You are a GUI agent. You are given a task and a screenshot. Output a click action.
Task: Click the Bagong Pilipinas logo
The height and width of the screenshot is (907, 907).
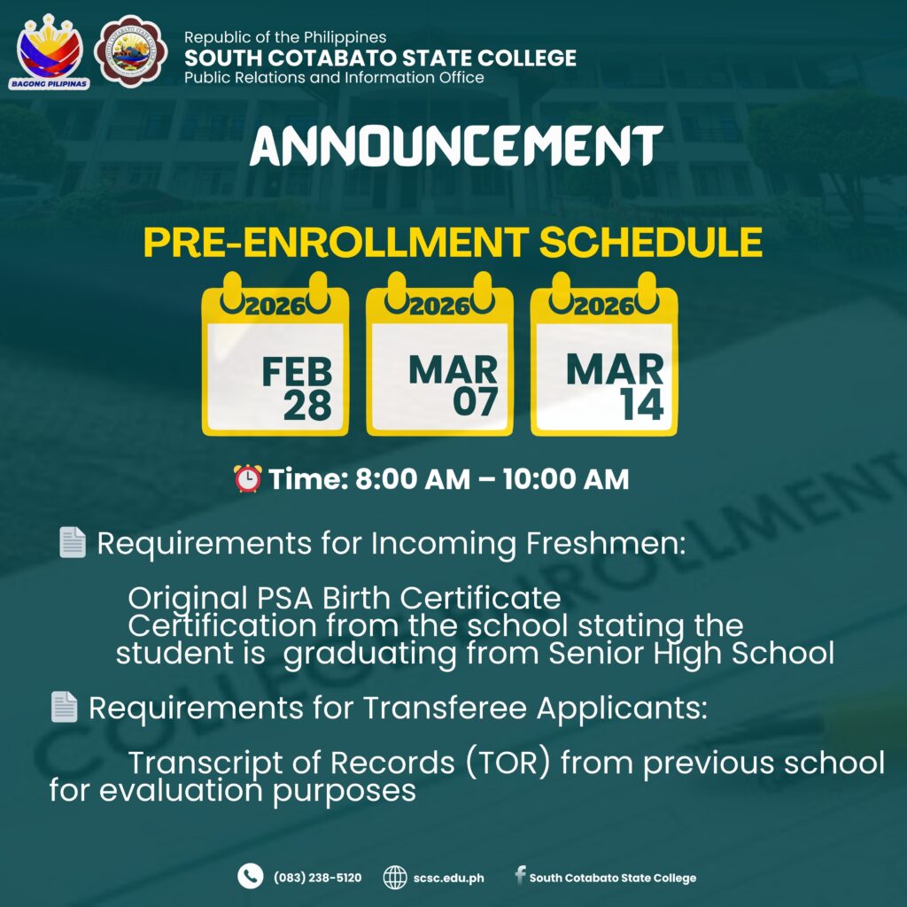tap(50, 52)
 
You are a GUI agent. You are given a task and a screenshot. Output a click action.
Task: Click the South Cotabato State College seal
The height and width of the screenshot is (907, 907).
tap(131, 51)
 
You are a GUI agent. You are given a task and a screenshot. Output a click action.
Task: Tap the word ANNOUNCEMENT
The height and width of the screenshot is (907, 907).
tap(456, 145)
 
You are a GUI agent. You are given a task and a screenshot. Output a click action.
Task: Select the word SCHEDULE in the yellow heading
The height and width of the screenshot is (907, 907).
tap(651, 242)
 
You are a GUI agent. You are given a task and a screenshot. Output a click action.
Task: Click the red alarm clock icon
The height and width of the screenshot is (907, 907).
tap(248, 478)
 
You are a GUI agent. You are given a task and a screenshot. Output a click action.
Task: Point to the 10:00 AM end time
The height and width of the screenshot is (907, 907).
tap(566, 479)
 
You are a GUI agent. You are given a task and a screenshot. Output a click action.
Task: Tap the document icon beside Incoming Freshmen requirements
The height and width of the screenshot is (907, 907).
tap(73, 543)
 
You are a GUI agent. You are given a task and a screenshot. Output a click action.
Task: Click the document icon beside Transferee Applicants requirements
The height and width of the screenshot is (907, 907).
tap(64, 706)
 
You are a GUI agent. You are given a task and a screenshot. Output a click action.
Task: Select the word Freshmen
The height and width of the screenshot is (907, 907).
tap(606, 544)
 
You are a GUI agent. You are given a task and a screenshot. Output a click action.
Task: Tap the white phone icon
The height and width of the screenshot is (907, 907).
tap(250, 876)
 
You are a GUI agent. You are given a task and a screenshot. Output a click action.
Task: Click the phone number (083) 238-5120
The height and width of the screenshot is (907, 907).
tap(318, 878)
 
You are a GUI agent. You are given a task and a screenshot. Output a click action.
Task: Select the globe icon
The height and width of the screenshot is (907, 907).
tap(395, 877)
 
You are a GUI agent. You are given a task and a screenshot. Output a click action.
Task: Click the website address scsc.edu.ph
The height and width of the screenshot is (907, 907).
tap(449, 878)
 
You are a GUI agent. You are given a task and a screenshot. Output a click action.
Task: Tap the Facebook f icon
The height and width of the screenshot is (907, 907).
tap(521, 874)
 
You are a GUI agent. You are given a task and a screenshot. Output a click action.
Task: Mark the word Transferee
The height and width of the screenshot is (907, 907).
tap(445, 708)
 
